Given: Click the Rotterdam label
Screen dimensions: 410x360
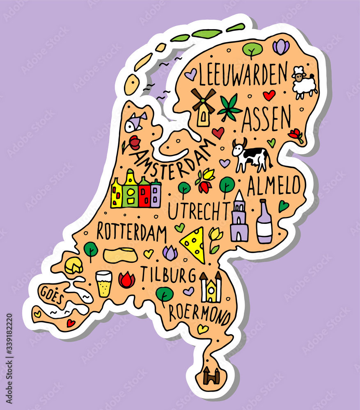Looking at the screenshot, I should point(131,232).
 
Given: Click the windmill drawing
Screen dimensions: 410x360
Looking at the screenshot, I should point(203,106).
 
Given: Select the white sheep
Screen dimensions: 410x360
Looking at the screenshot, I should point(304,84).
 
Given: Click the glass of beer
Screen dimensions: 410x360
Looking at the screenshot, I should point(103,283).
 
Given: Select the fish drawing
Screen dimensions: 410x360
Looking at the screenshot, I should point(135,122).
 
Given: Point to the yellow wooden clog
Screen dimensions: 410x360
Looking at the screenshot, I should point(120,255).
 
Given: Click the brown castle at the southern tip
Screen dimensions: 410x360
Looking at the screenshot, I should point(211,375).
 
